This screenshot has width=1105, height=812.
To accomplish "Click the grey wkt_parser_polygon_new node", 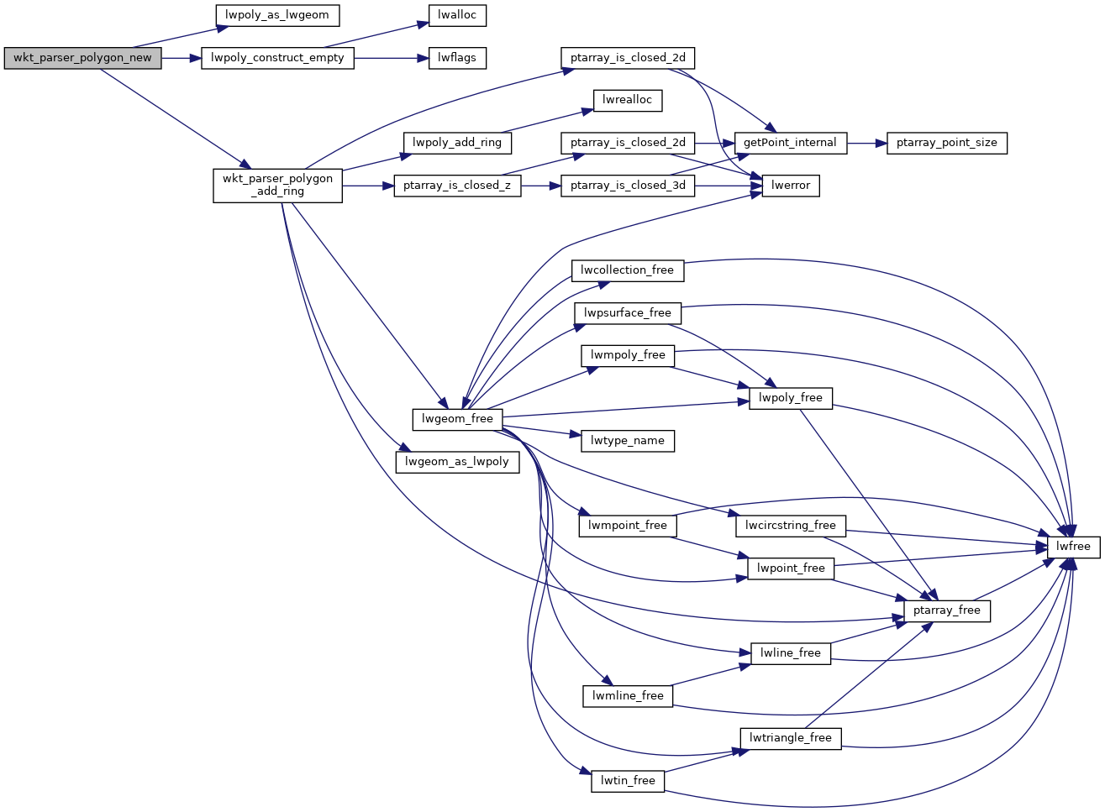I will [x=82, y=58].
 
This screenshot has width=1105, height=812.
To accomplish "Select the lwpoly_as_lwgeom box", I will [x=277, y=15].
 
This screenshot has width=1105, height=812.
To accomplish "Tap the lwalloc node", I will [x=457, y=15].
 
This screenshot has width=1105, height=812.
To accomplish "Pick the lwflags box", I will [x=457, y=58].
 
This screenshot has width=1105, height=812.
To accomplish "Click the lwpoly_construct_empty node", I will [x=277, y=58].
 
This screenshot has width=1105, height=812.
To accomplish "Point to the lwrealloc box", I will [x=628, y=100].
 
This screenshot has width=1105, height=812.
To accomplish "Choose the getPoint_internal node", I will [x=790, y=143].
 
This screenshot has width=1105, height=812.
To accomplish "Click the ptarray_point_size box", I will [x=946, y=143].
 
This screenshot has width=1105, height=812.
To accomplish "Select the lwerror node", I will [x=790, y=186].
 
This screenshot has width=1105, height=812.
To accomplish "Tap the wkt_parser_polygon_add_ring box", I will [x=277, y=185].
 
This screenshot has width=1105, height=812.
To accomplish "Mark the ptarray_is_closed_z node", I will [x=457, y=186].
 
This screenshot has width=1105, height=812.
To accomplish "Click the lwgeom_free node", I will [x=457, y=418].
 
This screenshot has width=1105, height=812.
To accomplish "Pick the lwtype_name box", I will [x=628, y=440].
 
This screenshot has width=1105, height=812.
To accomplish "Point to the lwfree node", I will [x=1073, y=546].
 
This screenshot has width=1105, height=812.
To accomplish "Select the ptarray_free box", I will [x=946, y=610].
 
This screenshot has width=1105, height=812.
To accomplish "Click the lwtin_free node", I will [x=628, y=780].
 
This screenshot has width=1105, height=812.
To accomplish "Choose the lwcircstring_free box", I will [x=790, y=526].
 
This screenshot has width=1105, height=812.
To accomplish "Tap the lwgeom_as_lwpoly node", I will [x=457, y=461].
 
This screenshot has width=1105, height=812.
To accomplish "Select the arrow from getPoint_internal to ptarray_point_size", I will [x=866, y=143].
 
